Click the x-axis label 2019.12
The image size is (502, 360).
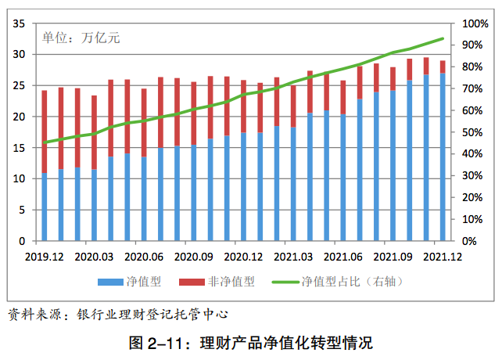44,256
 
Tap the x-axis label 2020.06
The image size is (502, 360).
144,256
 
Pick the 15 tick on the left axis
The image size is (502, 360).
20,148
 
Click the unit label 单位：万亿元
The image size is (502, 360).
81,37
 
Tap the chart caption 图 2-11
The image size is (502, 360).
250,343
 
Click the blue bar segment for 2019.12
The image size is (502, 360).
44,207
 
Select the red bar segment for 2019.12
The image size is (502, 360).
44,131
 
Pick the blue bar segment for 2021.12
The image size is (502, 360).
443,157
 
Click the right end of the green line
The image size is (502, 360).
443,38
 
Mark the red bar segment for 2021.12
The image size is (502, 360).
443,67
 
